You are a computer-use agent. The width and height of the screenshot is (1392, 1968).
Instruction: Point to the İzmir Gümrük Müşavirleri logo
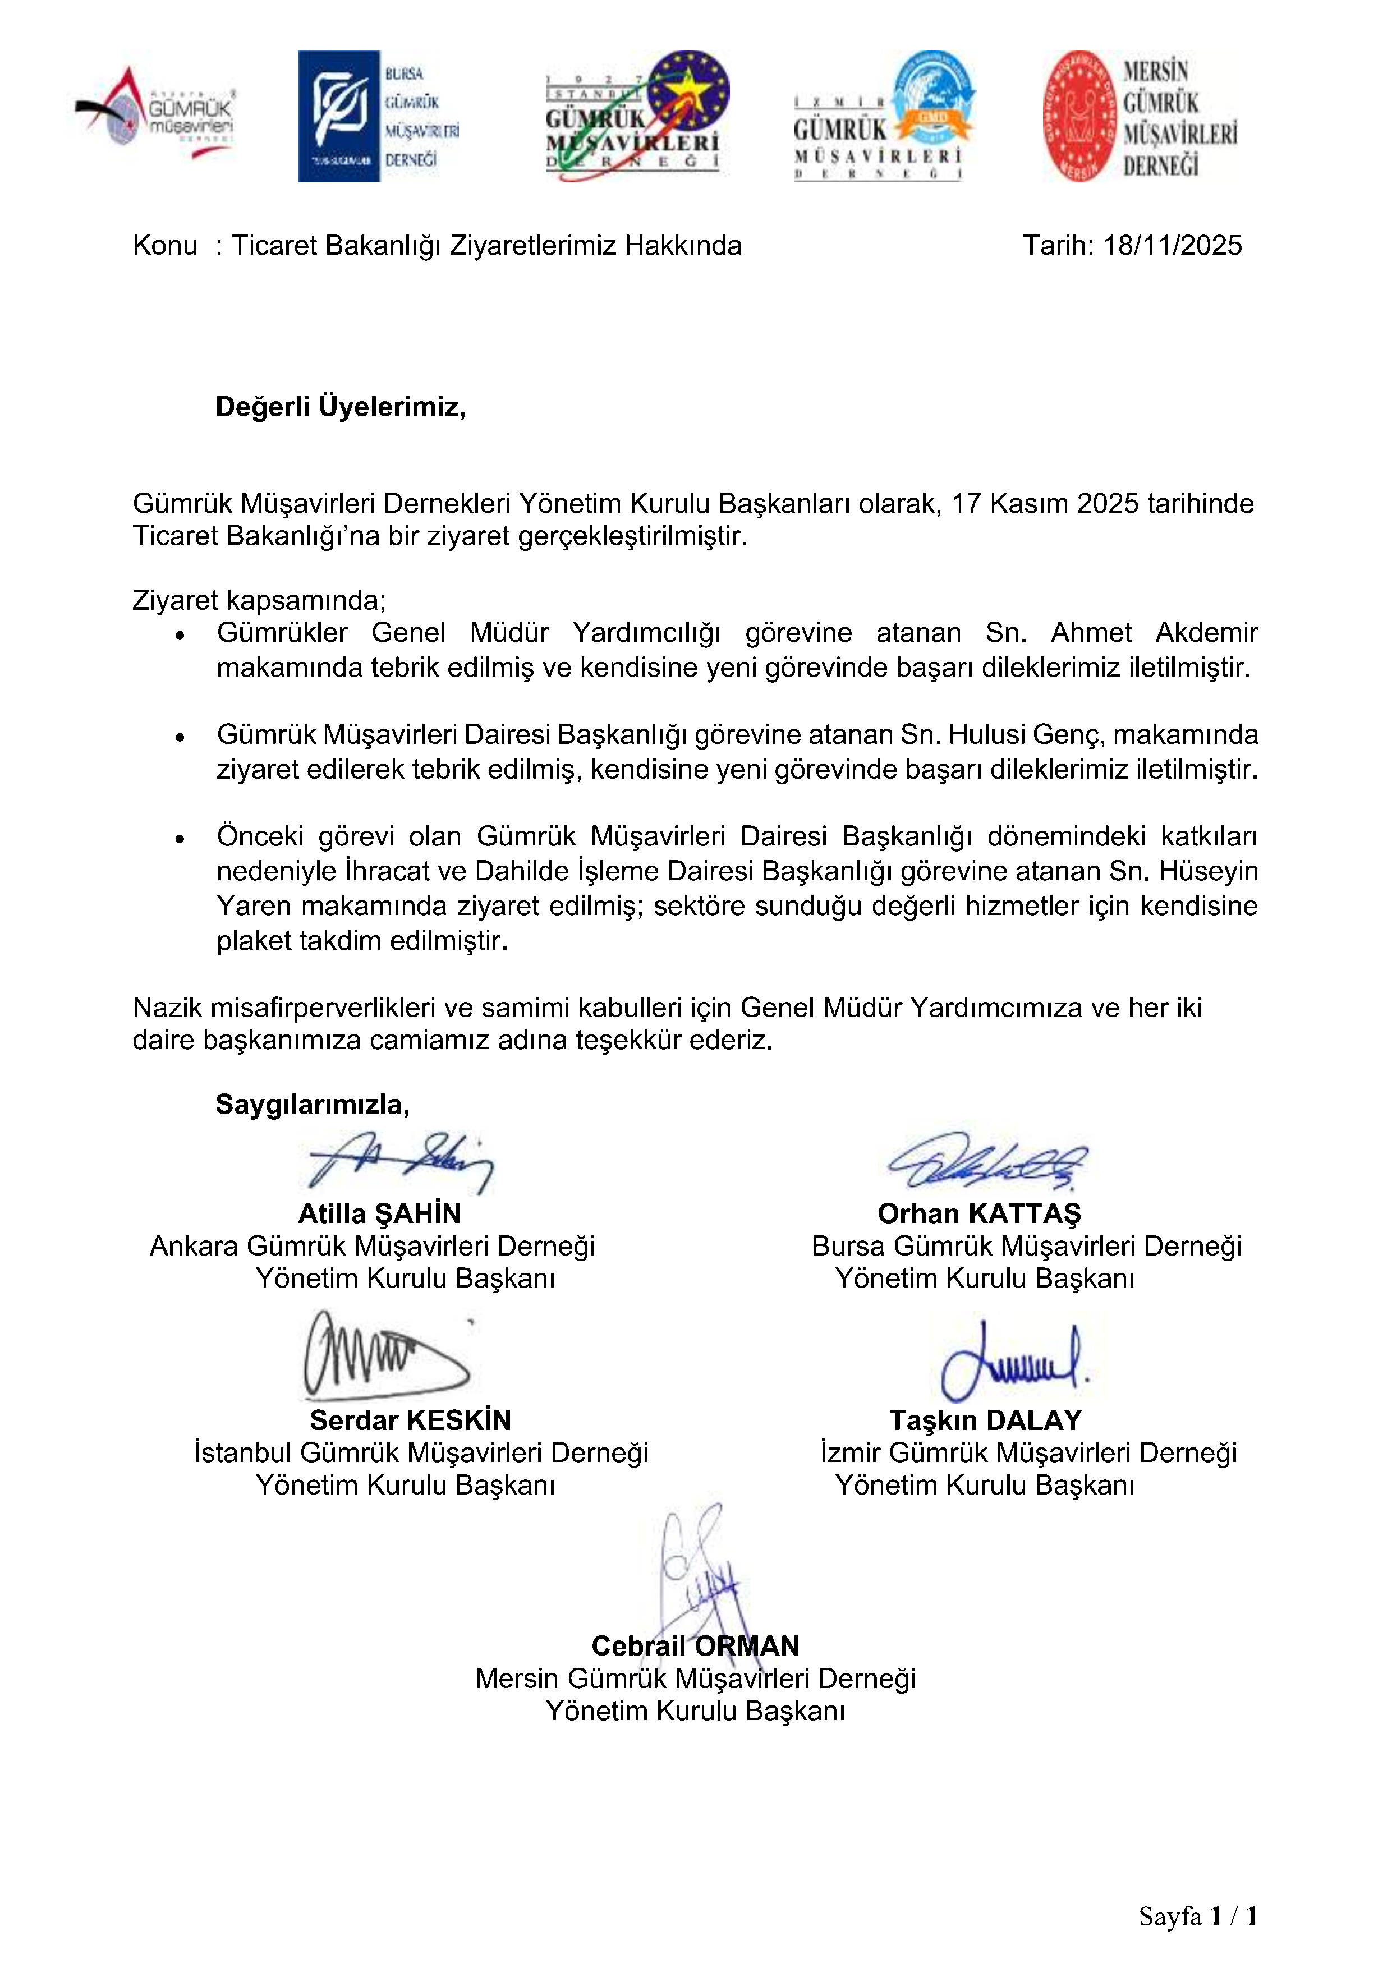[883, 116]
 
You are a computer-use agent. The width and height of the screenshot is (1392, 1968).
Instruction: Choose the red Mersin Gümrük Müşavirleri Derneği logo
[1140, 116]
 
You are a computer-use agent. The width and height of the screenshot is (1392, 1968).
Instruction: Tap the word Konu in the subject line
[164, 246]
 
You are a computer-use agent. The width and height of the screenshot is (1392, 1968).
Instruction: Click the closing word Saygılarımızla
[312, 1104]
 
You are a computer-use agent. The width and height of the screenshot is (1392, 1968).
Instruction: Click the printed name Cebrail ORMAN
[695, 1646]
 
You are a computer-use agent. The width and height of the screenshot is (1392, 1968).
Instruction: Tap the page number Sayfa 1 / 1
[1197, 1916]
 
